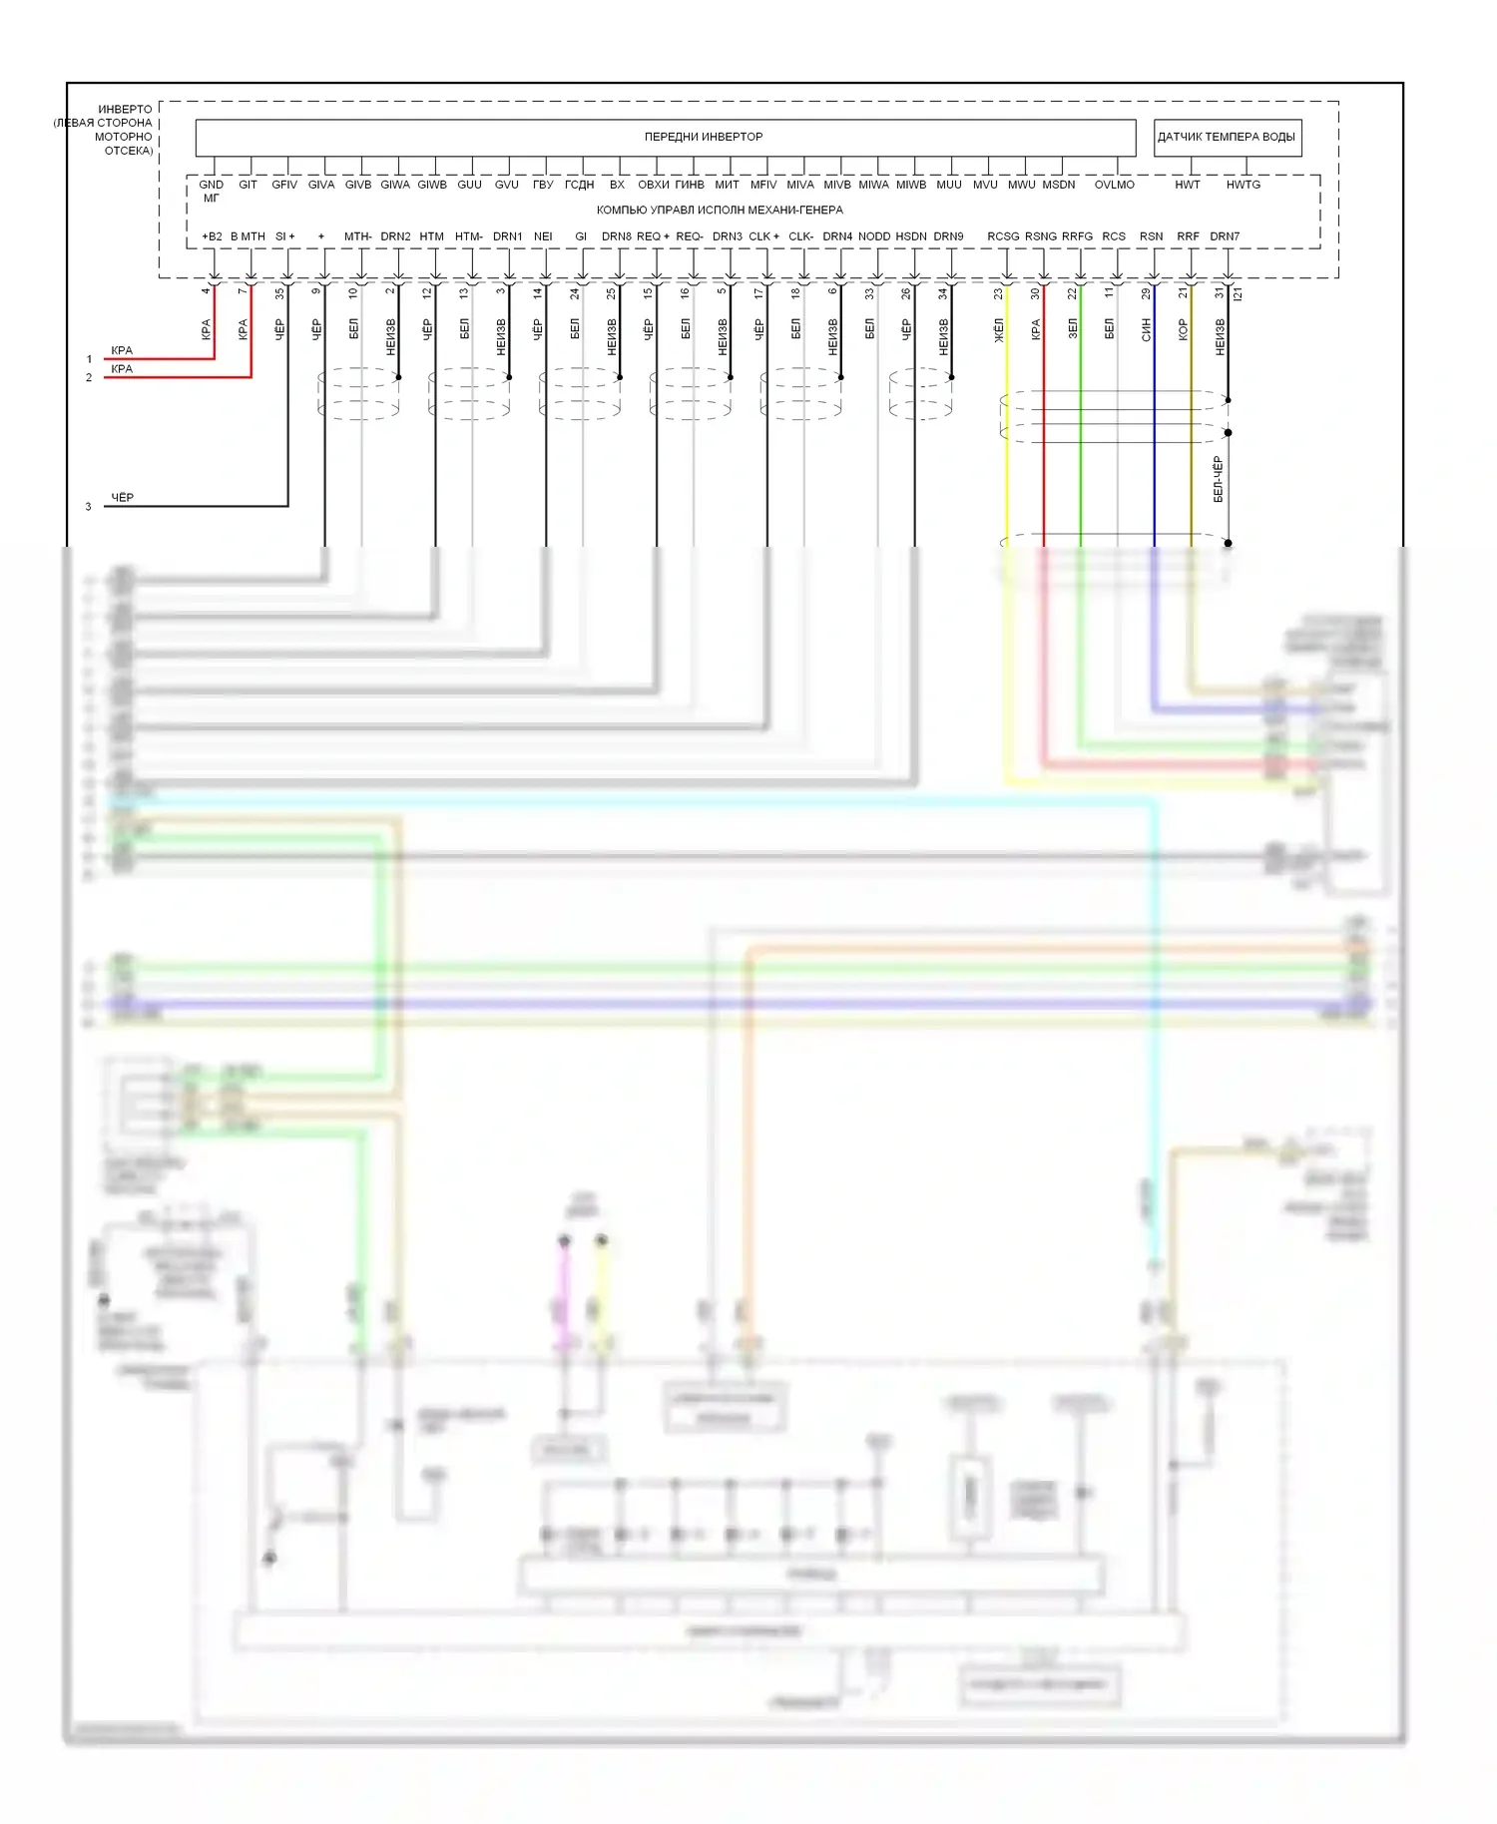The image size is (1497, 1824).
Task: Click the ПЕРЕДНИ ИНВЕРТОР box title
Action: click(703, 137)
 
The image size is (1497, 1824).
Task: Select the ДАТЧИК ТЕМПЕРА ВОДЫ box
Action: click(1226, 137)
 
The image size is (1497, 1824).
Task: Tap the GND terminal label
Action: click(211, 185)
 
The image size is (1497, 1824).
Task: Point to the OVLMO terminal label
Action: click(1114, 185)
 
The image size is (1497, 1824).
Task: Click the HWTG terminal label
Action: click(1243, 185)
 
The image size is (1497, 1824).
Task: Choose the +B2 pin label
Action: click(212, 236)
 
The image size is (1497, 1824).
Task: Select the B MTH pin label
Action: click(248, 236)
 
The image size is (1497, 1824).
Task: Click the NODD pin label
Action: click(873, 236)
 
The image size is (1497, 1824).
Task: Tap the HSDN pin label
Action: click(910, 236)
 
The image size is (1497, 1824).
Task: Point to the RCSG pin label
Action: click(1003, 236)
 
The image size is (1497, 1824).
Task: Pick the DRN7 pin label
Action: click(1225, 236)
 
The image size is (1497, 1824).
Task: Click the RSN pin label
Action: click(1151, 236)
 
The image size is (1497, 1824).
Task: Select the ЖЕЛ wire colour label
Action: click(999, 330)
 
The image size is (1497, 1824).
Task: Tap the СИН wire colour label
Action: click(1147, 329)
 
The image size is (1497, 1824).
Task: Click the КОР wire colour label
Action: click(1184, 329)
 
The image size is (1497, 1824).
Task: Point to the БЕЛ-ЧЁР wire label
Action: click(1218, 479)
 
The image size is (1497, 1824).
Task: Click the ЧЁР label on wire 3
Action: click(122, 497)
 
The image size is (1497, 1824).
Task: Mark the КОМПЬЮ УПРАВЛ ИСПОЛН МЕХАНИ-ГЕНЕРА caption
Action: click(720, 210)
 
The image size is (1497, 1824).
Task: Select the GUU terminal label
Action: click(469, 185)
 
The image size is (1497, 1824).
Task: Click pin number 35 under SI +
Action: click(280, 293)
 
